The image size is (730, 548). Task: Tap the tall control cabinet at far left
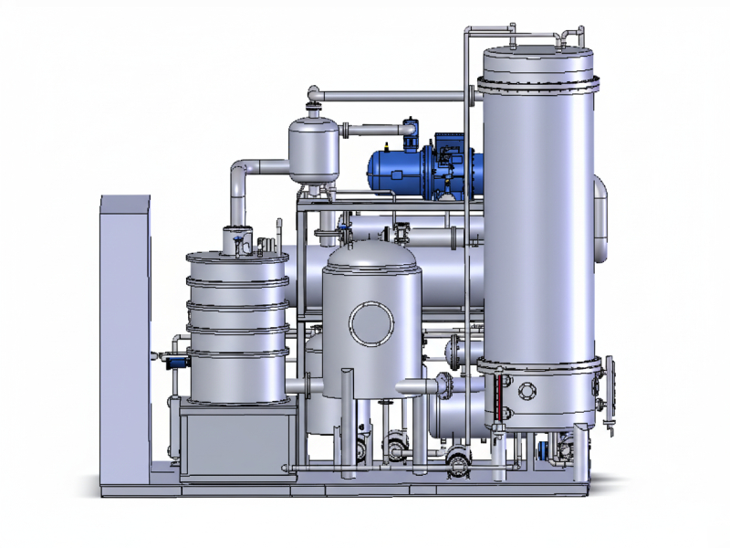[125, 329]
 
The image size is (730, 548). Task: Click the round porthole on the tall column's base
[527, 391]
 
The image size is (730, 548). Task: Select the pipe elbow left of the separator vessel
[242, 174]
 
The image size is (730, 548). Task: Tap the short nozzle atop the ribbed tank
[237, 239]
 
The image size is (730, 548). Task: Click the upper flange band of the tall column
[538, 85]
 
